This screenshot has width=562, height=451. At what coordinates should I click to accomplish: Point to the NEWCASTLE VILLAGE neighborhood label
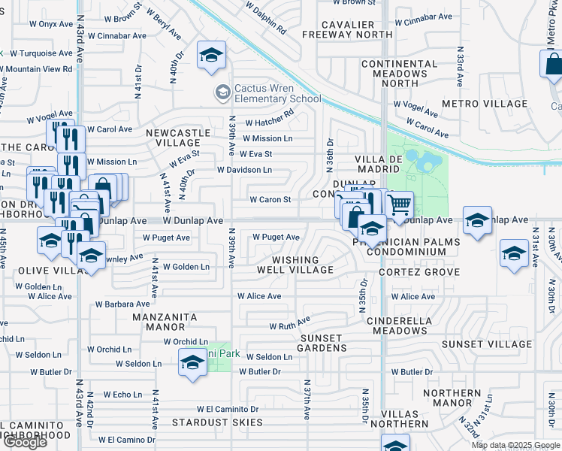(178, 138)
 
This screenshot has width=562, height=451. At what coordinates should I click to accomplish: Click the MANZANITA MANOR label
(163, 322)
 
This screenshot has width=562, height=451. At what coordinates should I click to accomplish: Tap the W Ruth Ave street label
(289, 325)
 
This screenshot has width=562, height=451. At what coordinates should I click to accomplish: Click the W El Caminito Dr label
(228, 409)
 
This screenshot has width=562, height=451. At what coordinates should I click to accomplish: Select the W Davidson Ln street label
(244, 170)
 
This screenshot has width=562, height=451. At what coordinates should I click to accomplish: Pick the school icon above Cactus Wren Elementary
(212, 56)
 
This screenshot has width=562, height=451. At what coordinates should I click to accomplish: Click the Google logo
(24, 442)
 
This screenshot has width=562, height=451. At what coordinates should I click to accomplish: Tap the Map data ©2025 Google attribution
(515, 445)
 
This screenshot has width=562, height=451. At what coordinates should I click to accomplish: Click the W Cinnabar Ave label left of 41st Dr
(115, 35)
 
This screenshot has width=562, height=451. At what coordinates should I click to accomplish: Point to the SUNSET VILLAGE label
(486, 344)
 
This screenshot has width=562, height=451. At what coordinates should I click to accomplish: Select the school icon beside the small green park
(192, 363)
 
